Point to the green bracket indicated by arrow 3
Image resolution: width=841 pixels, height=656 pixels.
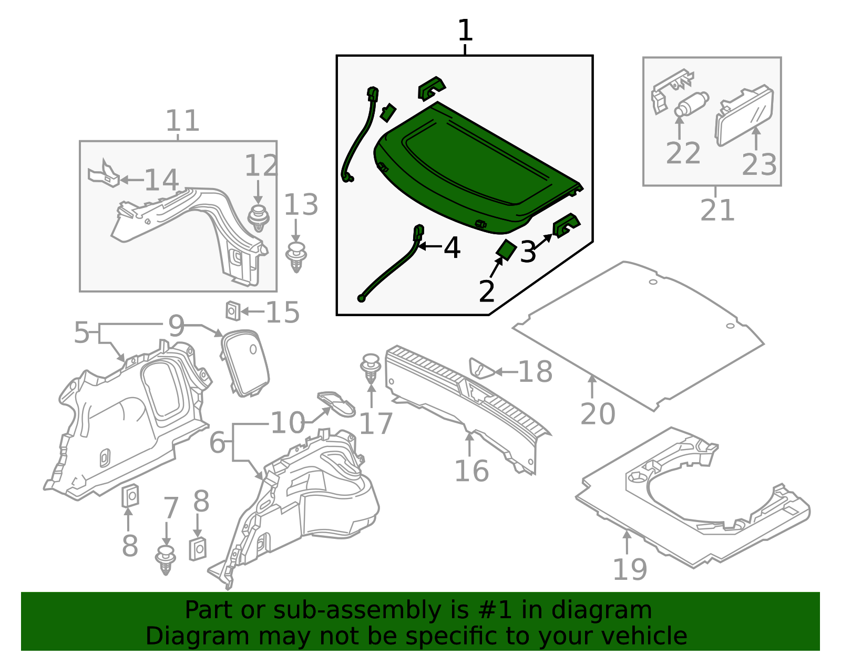566,225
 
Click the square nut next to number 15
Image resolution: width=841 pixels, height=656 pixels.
232,311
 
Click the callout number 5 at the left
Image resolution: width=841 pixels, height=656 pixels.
81,333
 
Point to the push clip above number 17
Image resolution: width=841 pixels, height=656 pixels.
371,368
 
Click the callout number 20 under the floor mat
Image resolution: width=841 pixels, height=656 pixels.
598,414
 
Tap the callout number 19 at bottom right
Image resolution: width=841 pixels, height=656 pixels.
630,569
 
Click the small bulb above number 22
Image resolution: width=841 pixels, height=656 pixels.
690,104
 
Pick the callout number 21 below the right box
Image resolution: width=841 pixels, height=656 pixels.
717,211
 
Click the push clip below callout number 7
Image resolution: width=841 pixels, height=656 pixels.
166,560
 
